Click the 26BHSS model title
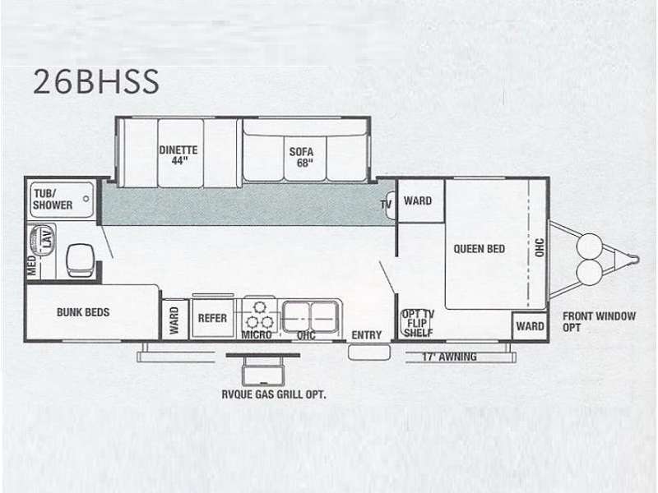point(96,81)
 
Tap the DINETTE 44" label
point(178,155)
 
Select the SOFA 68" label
point(301,157)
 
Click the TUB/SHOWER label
point(53,199)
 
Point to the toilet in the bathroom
point(80,260)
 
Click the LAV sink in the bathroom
point(41,239)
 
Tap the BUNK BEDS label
point(83,312)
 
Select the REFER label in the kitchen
point(212,318)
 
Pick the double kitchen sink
point(310,317)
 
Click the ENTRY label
point(366,335)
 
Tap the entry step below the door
point(369,352)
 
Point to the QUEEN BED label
point(480,249)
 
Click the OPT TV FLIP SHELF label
point(418,323)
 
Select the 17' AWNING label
point(449,357)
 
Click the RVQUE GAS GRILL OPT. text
point(274,394)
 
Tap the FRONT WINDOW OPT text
point(599,321)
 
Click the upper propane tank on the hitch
point(590,246)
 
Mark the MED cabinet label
point(32,265)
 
